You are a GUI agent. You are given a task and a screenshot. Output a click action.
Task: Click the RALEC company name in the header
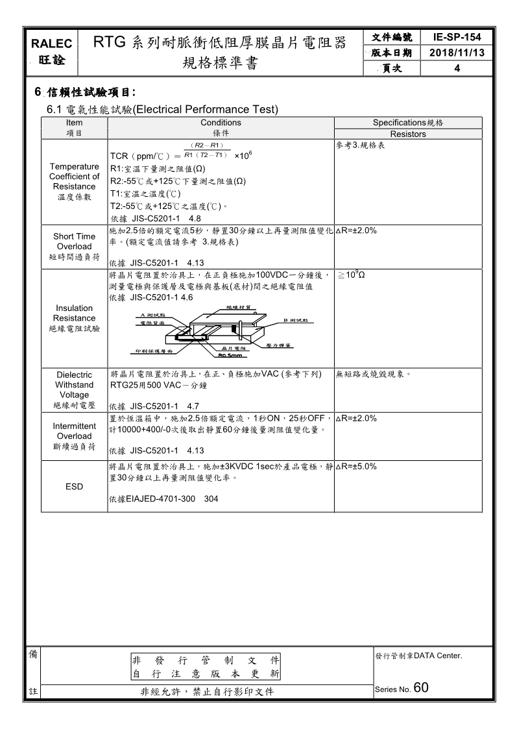[x=53, y=44]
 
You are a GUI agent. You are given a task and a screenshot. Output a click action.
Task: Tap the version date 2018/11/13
[x=457, y=53]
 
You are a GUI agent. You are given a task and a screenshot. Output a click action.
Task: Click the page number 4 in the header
[x=457, y=68]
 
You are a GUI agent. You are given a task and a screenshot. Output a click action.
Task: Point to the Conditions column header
[x=221, y=123]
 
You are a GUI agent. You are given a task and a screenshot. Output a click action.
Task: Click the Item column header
[x=75, y=123]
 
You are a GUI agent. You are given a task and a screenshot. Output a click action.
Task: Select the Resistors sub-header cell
[x=408, y=134]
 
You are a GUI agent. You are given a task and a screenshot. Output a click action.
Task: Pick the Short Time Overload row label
[x=74, y=247]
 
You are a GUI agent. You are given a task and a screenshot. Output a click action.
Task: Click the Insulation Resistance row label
[x=74, y=318]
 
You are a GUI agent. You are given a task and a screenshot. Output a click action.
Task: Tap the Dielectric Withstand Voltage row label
[x=74, y=389]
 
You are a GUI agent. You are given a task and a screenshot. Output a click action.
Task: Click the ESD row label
[x=74, y=487]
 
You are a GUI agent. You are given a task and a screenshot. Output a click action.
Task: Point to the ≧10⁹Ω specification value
[x=351, y=275]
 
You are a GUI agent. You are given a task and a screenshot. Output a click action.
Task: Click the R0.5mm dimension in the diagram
[x=230, y=355]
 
